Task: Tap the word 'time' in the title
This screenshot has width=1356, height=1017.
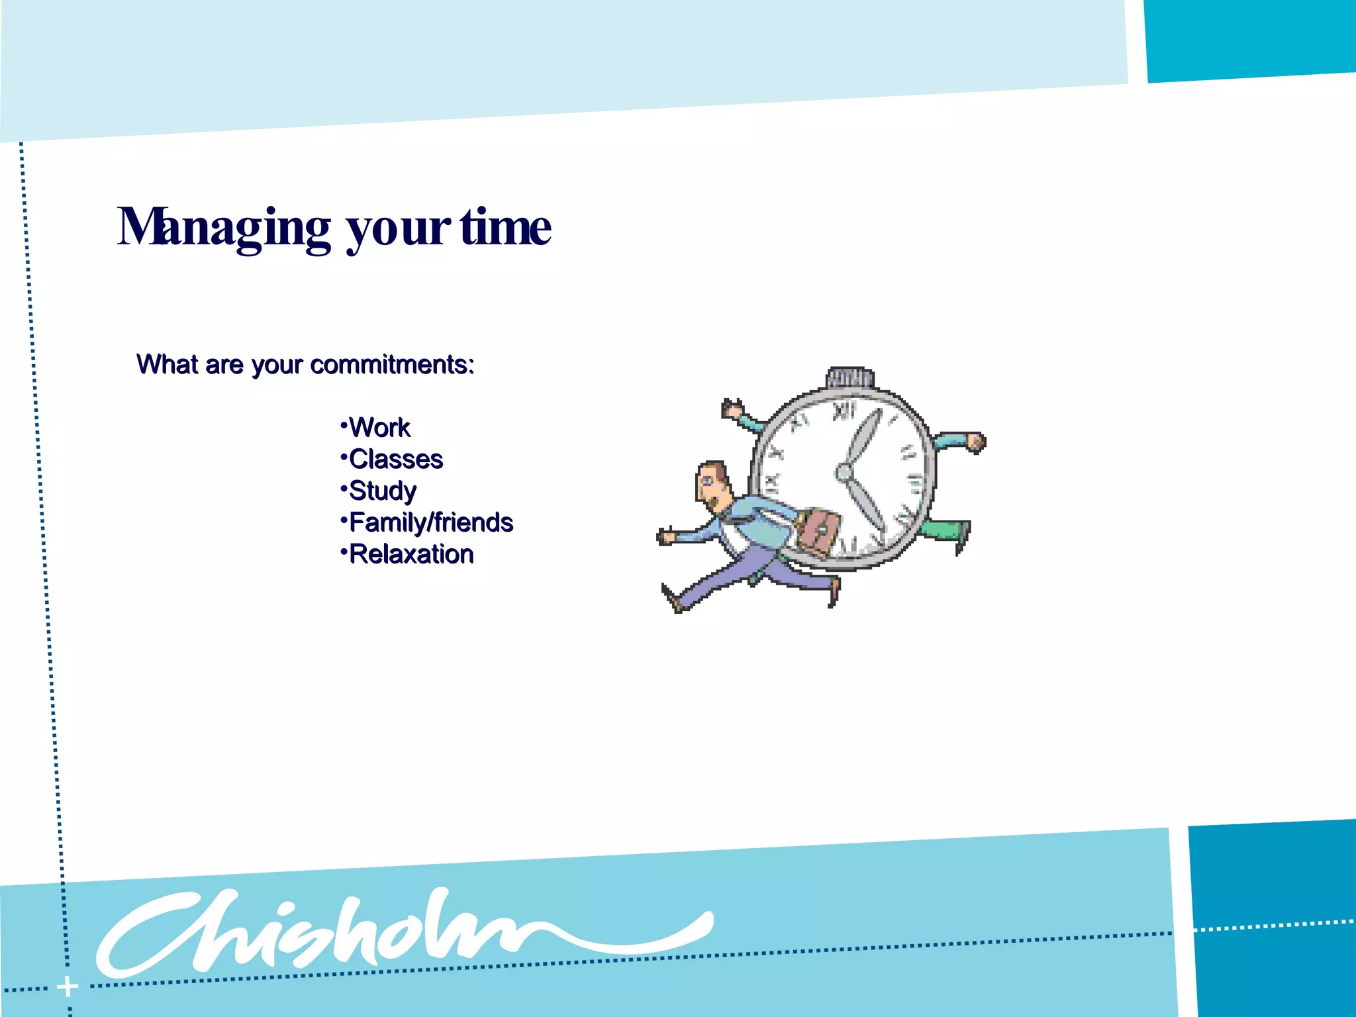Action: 505,227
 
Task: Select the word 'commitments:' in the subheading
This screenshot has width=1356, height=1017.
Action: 392,365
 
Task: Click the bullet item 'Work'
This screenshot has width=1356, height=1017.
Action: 379,428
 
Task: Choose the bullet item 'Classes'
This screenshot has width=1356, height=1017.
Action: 395,460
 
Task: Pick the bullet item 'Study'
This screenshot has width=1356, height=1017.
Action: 382,491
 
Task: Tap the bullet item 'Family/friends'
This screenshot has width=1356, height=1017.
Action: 430,522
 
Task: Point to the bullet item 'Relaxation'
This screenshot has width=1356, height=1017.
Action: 411,554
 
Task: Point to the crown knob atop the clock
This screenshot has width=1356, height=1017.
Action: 849,377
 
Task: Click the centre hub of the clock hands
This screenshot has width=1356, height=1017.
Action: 844,473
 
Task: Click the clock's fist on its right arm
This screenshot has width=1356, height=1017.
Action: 976,442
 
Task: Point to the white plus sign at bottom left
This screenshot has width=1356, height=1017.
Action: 68,987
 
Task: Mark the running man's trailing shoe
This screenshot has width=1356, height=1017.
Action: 673,600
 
